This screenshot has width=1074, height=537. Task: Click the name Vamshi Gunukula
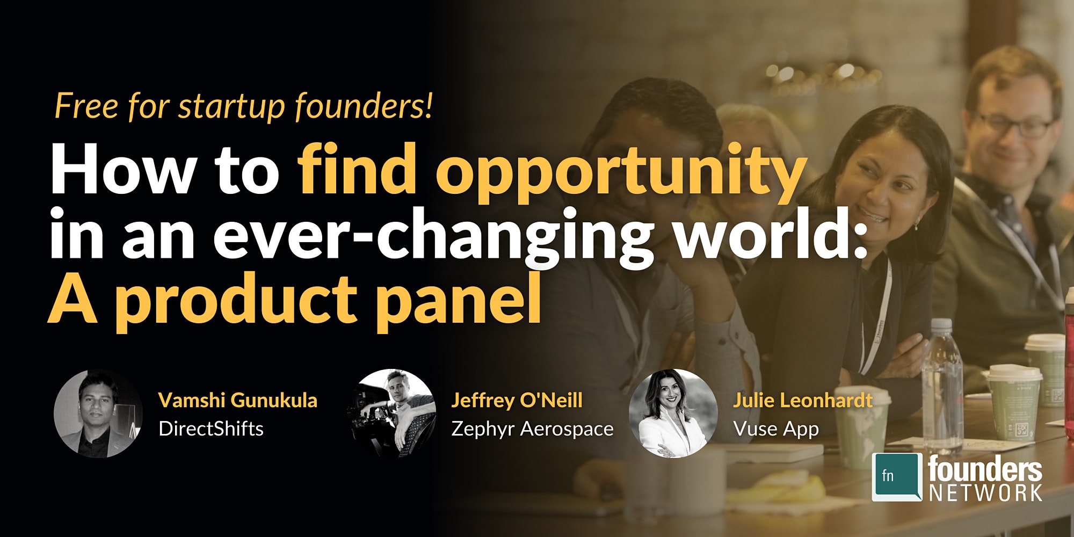tap(238, 401)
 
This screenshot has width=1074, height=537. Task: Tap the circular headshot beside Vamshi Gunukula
tap(98, 413)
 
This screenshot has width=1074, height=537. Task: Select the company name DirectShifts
tap(211, 429)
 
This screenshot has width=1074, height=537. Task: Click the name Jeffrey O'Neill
tap(517, 401)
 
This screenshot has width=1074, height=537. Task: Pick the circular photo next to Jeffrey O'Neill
tap(391, 413)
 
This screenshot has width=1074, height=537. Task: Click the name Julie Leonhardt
tap(803, 401)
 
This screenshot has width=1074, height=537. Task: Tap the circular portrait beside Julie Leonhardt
tap(673, 413)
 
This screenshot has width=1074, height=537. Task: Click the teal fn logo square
tap(897, 477)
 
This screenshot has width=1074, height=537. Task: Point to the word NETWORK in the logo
tap(986, 492)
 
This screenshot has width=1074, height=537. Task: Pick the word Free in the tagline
tap(86, 106)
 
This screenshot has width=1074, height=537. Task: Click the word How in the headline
tap(122, 169)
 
